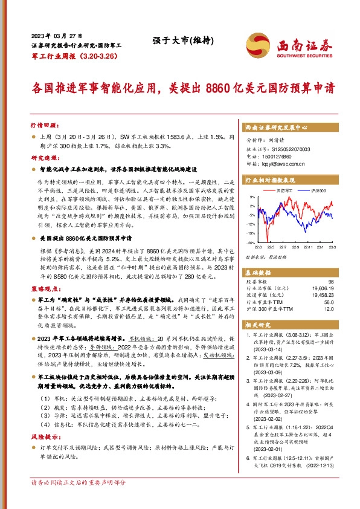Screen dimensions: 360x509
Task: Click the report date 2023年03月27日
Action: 56,36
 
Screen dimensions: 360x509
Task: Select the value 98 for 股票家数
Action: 330,282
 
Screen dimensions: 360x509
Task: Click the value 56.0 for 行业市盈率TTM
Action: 329,302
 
